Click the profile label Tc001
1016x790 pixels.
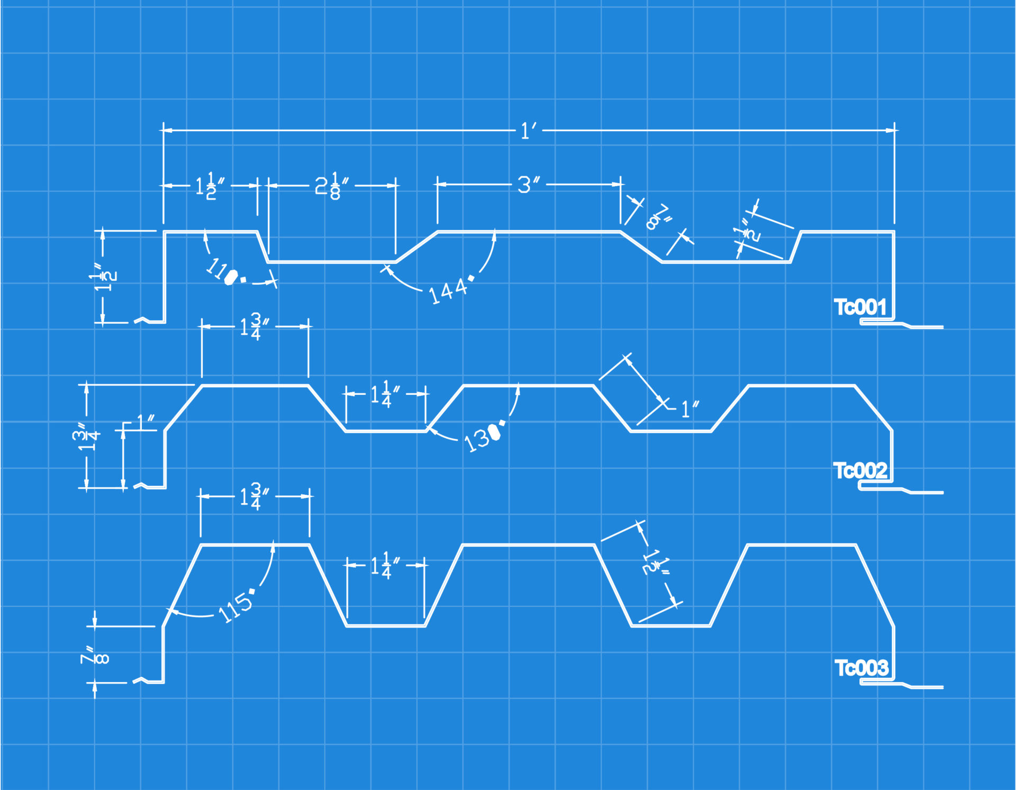point(860,307)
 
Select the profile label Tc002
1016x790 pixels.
point(860,470)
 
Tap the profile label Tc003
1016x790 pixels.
point(861,668)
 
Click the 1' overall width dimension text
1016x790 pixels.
point(528,131)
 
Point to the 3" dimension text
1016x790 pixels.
point(528,185)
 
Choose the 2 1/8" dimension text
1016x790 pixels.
point(332,186)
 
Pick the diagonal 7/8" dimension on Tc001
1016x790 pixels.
point(658,217)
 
